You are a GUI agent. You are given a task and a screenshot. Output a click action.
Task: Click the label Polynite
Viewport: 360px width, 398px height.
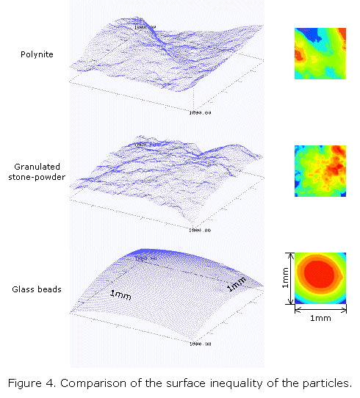click(37, 54)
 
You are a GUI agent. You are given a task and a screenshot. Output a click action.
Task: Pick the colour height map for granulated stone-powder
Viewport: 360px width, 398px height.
click(318, 170)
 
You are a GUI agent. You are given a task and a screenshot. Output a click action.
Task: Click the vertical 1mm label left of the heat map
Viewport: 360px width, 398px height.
click(284, 278)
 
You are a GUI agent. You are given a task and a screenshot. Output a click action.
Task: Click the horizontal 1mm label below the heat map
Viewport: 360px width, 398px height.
click(318, 318)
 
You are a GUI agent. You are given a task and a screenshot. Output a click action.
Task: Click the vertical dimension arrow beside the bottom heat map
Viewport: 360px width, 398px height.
click(293, 278)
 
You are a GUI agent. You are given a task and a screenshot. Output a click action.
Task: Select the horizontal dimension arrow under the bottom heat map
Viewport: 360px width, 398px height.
click(318, 309)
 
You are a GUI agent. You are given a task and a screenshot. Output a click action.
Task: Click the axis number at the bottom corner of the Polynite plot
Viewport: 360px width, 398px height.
click(201, 112)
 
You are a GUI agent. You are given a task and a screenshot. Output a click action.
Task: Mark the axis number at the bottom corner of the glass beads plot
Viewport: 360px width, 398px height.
click(201, 343)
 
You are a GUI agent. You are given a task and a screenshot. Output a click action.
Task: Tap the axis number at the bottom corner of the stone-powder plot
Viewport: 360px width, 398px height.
click(201, 229)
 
